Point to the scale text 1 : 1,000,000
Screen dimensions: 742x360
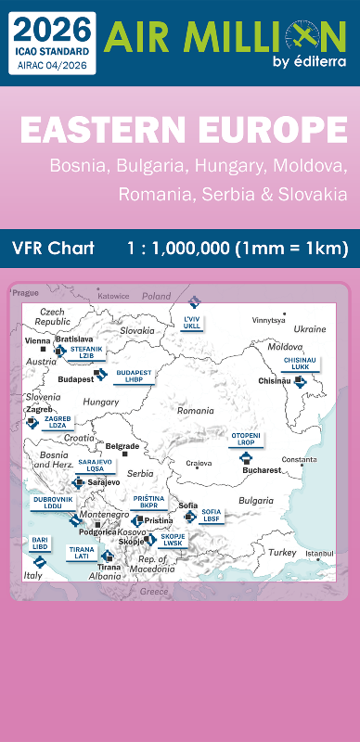(x=237, y=249)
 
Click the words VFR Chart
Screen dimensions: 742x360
(x=54, y=249)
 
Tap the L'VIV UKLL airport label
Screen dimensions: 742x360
(x=192, y=323)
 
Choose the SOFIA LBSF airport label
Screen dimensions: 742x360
(x=212, y=514)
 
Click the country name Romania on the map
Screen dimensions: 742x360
(x=196, y=410)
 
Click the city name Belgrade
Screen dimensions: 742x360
(x=123, y=446)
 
